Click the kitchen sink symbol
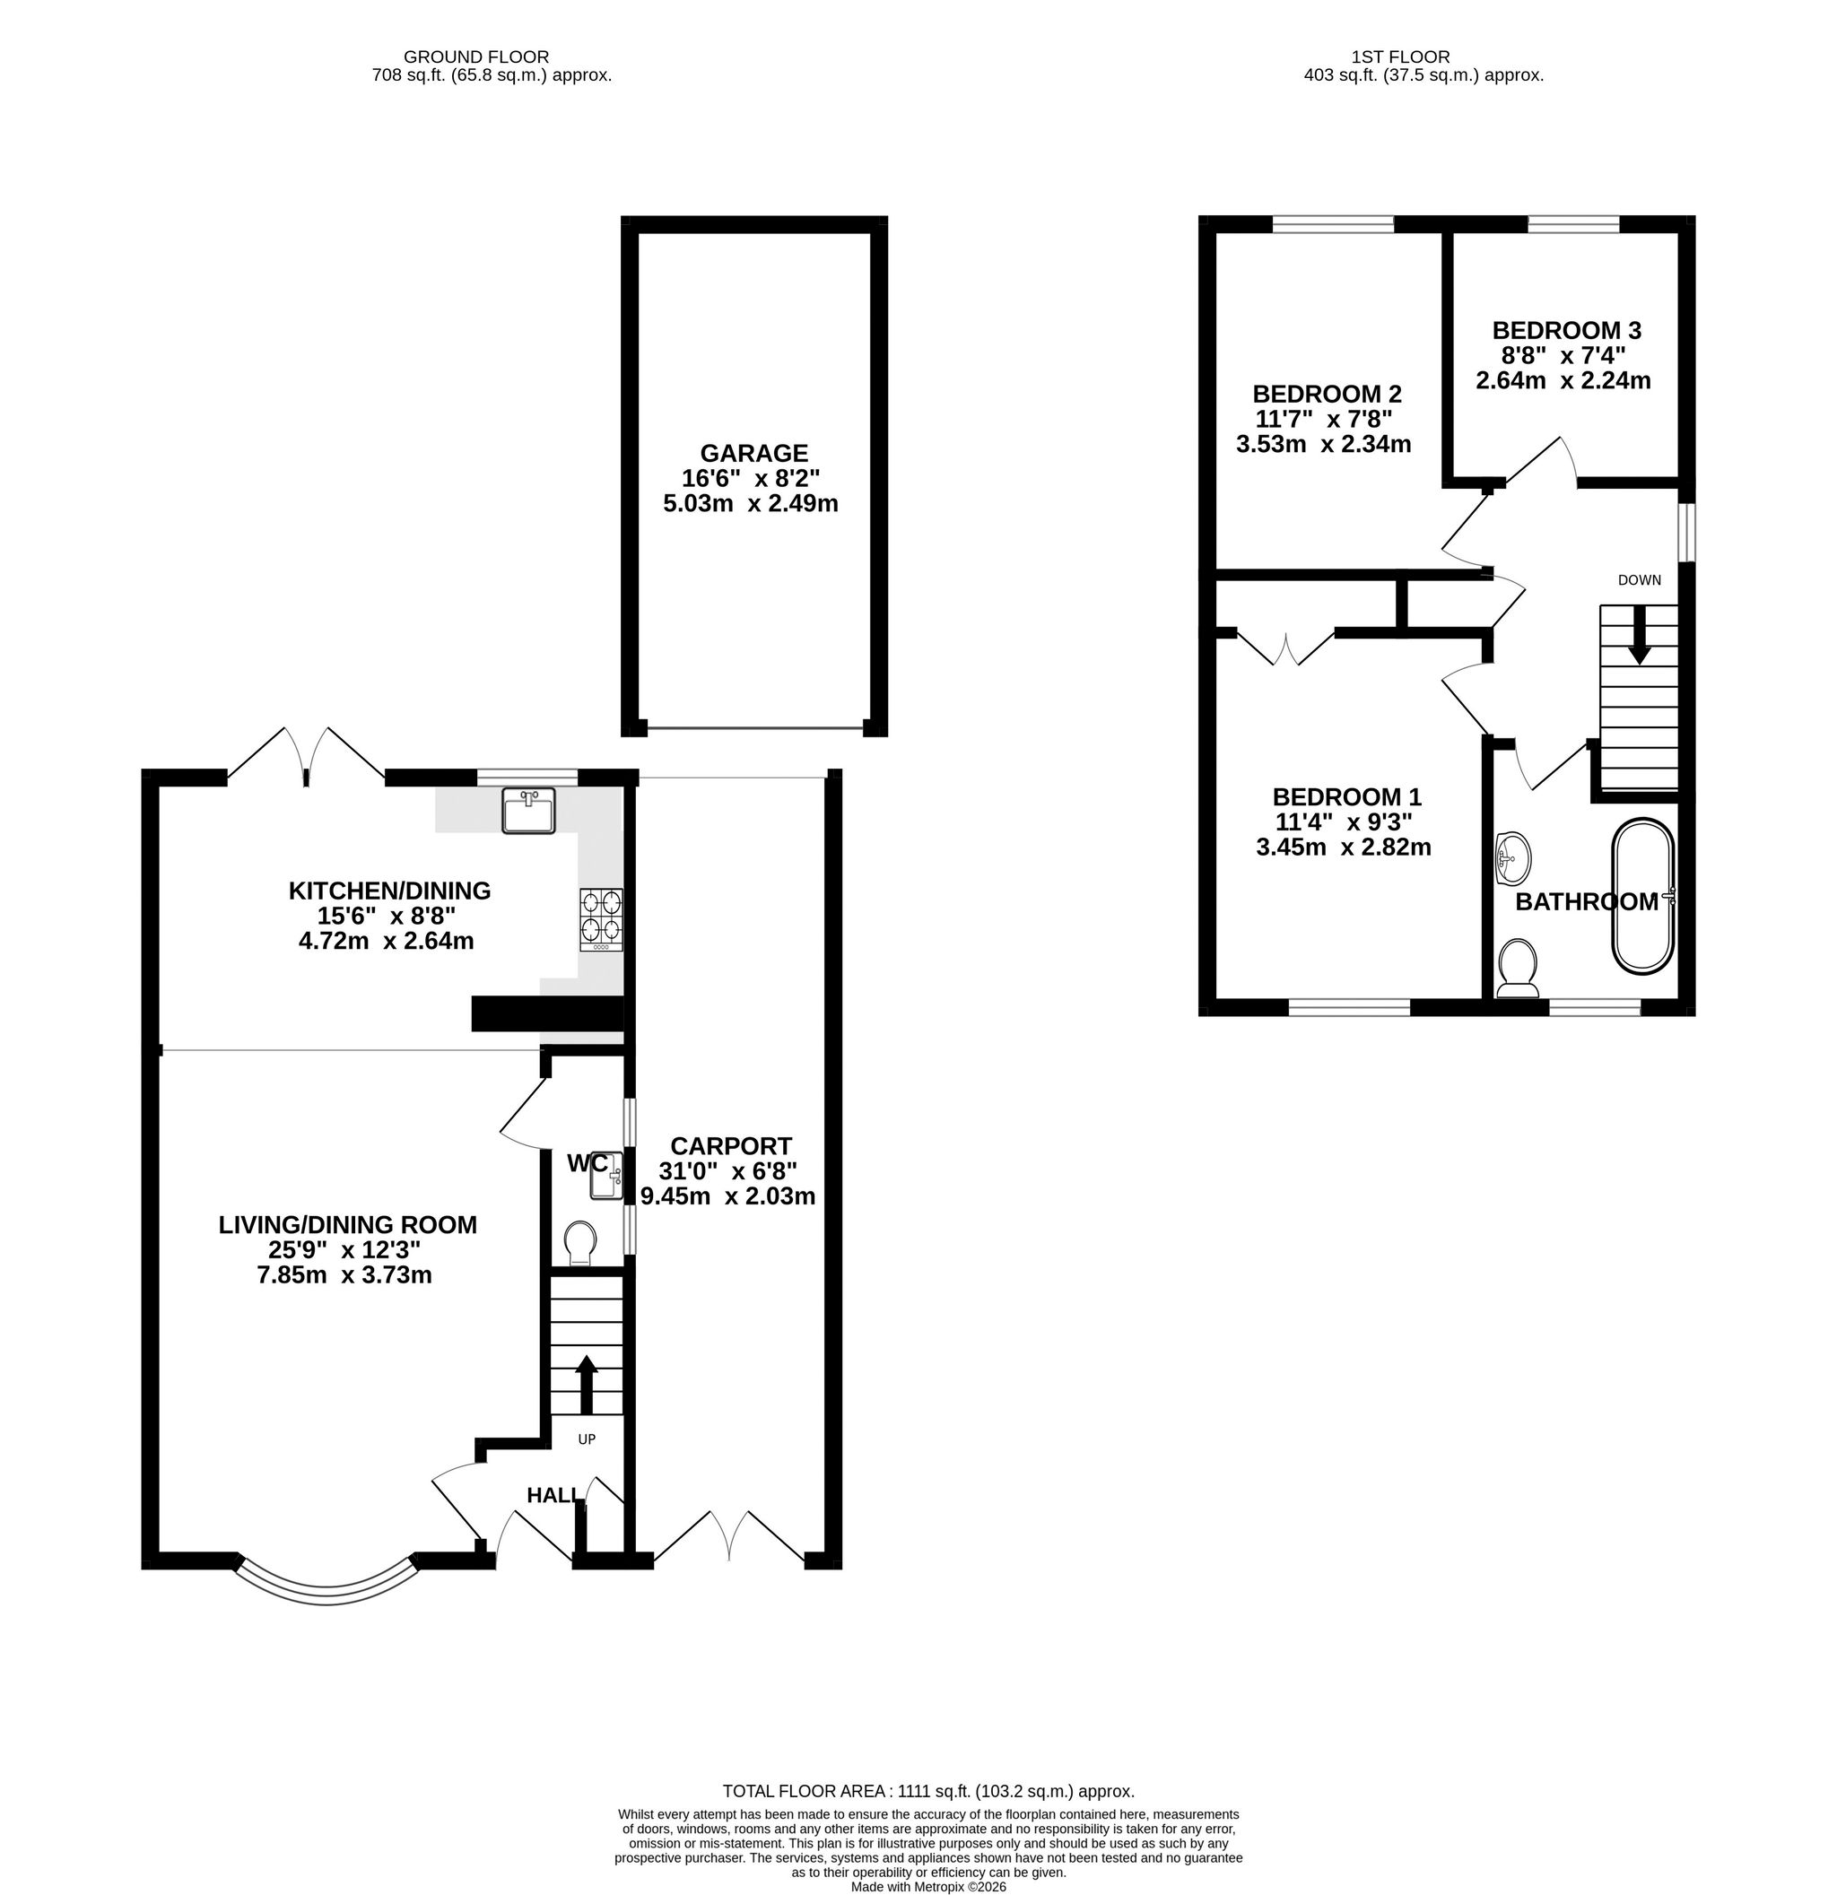528,810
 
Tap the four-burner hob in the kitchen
601,919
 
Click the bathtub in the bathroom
1641,896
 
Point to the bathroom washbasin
1512,857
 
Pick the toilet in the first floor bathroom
1517,969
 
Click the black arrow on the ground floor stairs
586,1385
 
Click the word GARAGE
754,453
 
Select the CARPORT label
731,1146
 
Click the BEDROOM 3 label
1566,331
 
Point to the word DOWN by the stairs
1640,580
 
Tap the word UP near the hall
587,1439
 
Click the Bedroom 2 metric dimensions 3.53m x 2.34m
1324,445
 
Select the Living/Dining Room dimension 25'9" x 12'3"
345,1250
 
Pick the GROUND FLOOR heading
476,57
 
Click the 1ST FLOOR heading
1402,57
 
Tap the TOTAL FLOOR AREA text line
928,1792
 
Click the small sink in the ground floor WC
609,1175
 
